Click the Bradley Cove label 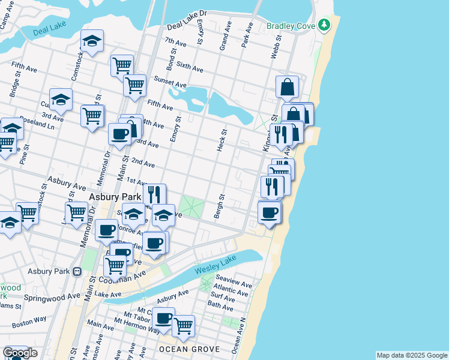(291, 26)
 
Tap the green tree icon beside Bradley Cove (324, 25)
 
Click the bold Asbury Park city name (114, 197)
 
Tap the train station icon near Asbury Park (76, 271)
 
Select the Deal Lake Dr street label (187, 19)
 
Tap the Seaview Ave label (234, 282)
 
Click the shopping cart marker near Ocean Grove (184, 326)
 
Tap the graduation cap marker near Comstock (92, 41)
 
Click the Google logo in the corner (19, 353)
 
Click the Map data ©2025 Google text (412, 355)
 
